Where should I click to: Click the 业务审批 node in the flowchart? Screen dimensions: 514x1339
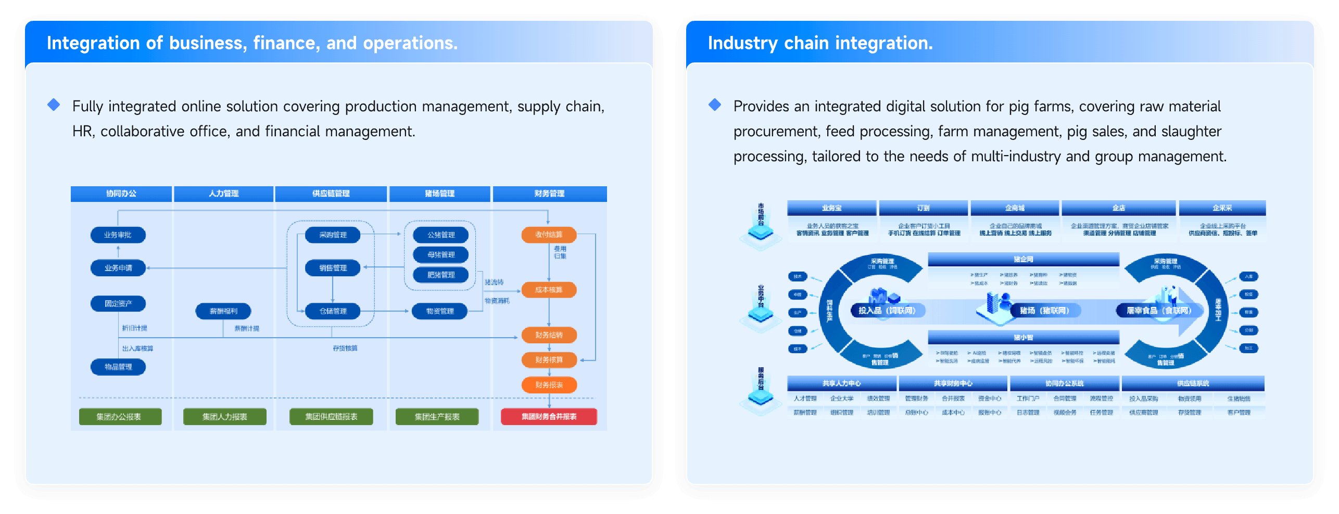pos(118,235)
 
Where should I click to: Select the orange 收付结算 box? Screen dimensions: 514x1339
pos(549,235)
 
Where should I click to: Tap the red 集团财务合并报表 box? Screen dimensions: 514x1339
pos(549,417)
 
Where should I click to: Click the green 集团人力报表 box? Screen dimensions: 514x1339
pos(224,417)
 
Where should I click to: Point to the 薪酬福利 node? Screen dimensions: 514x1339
pos(223,311)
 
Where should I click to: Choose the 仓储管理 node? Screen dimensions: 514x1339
pos(333,311)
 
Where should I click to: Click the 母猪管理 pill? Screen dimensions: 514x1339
pos(441,255)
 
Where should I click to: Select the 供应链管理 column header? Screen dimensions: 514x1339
pos(331,194)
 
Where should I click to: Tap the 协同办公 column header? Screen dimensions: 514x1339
pos(121,194)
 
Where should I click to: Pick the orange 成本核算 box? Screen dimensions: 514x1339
pos(549,290)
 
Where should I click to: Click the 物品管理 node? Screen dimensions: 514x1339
pos(118,367)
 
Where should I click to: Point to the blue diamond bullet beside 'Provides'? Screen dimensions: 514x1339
pos(715,105)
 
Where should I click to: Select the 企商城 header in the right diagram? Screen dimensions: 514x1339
pos(1015,208)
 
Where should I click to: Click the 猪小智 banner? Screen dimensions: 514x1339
pos(1023,337)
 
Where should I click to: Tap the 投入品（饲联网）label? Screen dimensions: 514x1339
pos(887,311)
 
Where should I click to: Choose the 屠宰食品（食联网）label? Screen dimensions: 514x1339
pos(1159,311)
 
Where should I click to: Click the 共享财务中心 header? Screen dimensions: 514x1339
pos(953,383)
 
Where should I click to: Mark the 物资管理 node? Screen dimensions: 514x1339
pos(440,311)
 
